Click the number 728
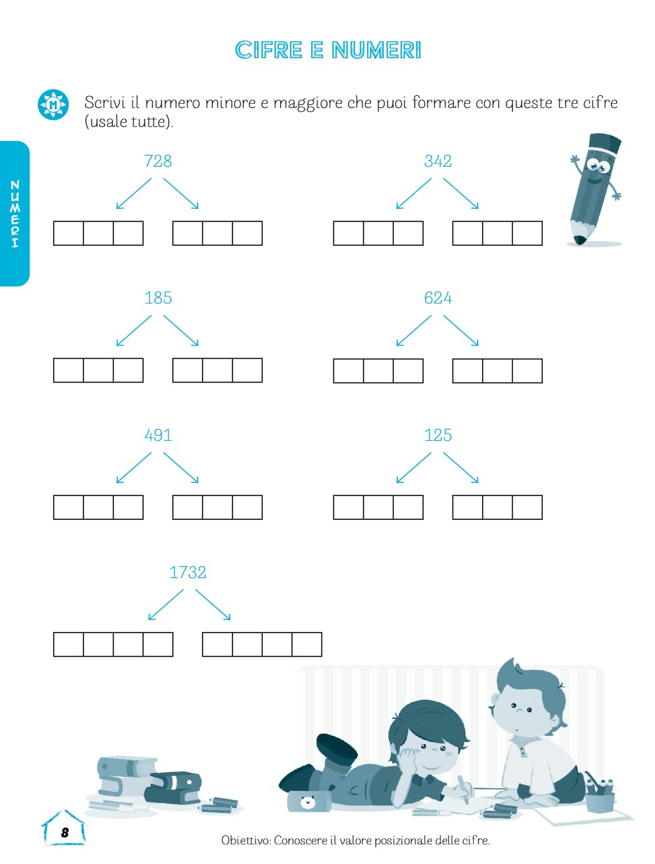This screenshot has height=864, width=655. (x=158, y=161)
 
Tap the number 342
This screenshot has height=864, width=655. (x=438, y=161)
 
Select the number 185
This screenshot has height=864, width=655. (x=158, y=298)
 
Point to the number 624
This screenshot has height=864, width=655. (x=438, y=298)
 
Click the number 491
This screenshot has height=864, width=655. (x=158, y=435)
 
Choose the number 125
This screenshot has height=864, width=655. (x=438, y=435)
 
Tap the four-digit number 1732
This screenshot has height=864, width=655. (x=188, y=572)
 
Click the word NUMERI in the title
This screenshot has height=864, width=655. (x=376, y=50)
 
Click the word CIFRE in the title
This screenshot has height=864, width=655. (x=269, y=50)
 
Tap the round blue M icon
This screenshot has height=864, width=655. (x=53, y=104)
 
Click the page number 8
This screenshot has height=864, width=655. (x=65, y=832)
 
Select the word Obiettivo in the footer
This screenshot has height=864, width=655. (x=246, y=840)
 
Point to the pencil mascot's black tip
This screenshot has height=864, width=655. (x=579, y=240)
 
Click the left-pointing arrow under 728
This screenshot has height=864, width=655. (x=134, y=193)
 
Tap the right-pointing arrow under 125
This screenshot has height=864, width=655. (x=461, y=467)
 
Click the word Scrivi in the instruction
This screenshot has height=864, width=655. (x=104, y=103)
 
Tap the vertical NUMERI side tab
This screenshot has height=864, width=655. (x=15, y=214)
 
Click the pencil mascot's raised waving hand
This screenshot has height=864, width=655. (x=575, y=160)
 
